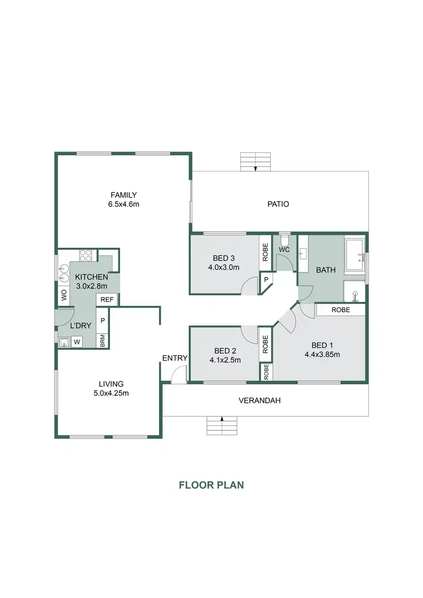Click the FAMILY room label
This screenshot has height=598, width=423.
tap(124, 195)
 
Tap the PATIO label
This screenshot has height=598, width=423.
tap(278, 204)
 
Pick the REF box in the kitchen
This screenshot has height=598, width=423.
tap(107, 300)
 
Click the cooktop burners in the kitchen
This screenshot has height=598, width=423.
tap(85, 255)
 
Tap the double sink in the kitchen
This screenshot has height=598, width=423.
tap(63, 272)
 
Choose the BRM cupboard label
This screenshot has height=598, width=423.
tap(103, 340)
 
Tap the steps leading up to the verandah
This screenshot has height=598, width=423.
tap(222, 426)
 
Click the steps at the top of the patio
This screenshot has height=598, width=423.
tap(255, 161)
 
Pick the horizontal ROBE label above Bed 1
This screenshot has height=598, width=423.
tap(340, 310)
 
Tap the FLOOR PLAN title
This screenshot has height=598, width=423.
tap(211, 485)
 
